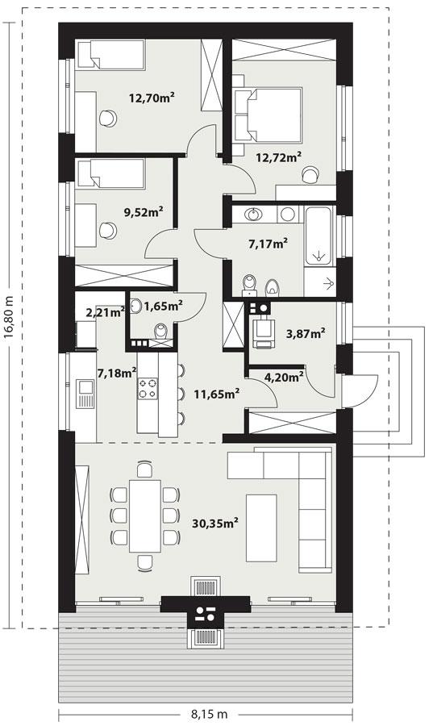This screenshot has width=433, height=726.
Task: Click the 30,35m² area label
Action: coord(214,524)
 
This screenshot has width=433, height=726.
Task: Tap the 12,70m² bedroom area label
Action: coord(152,98)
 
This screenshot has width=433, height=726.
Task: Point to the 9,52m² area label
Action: coord(144,212)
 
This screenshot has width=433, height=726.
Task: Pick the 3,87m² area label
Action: coord(306,332)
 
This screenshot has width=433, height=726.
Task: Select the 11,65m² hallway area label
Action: coord(216,394)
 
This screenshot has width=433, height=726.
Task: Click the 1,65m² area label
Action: coord(163,305)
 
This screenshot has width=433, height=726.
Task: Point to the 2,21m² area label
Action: coord(105,311)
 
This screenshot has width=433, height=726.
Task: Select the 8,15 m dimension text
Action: coord(209,714)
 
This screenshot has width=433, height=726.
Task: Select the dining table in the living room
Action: coord(144,515)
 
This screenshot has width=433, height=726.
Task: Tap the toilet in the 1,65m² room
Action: coord(161,332)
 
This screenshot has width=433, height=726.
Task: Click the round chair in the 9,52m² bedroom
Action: coord(107,231)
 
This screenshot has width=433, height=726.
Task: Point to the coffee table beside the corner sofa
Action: coord(260,527)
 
